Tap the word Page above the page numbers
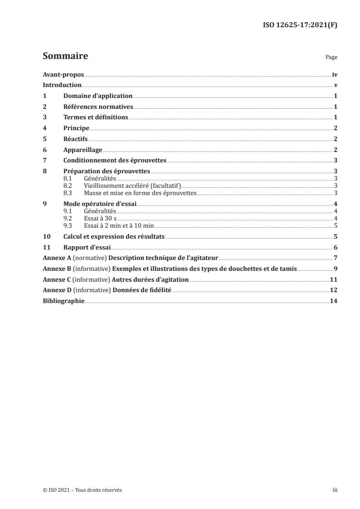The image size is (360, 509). (331, 58)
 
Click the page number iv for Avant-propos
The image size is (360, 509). (335, 74)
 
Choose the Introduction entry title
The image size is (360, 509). (62, 85)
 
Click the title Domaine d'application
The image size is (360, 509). (98, 96)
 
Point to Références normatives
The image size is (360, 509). (98, 107)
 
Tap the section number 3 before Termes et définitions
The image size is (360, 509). (44, 117)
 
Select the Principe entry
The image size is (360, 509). (76, 128)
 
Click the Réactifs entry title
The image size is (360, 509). (75, 139)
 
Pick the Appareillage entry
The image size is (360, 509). (83, 150)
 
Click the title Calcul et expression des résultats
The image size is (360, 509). (113, 236)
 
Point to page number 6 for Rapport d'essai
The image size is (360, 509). (335, 247)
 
